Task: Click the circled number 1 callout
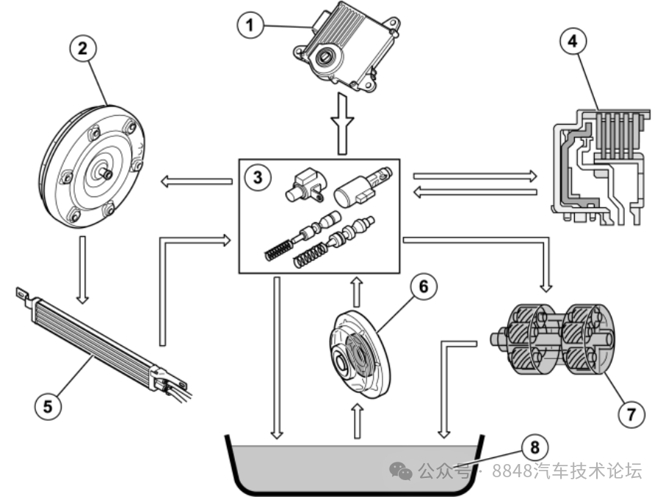click(250, 24)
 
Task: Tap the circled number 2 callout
click(83, 48)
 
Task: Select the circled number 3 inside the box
click(258, 177)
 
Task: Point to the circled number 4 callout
click(573, 41)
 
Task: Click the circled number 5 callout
click(48, 407)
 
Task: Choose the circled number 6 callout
click(423, 287)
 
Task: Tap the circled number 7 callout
click(631, 414)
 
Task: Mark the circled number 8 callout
click(535, 447)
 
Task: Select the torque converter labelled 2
click(93, 167)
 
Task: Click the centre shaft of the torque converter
click(104, 173)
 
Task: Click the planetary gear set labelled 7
click(553, 339)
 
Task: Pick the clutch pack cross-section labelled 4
click(601, 167)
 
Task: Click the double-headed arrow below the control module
click(342, 124)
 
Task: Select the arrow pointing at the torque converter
click(197, 182)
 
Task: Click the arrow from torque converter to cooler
click(82, 270)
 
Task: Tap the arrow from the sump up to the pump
click(358, 421)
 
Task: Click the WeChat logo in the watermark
click(401, 470)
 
